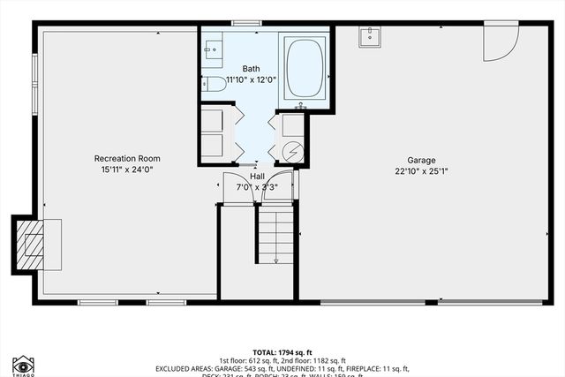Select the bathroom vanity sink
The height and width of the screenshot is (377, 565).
coord(212,50)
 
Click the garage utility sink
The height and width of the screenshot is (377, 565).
coord(369,37)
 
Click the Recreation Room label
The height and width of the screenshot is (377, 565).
coord(127,159)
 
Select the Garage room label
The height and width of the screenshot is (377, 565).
coord(421,161)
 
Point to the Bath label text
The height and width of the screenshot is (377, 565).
coord(252,68)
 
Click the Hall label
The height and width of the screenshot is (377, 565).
coord(256,177)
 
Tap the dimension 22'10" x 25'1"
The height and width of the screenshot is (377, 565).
coord(421,172)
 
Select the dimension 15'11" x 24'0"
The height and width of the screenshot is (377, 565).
coord(127,170)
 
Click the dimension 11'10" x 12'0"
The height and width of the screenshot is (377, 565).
coord(252,79)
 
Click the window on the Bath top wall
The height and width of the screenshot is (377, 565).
coord(244,23)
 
